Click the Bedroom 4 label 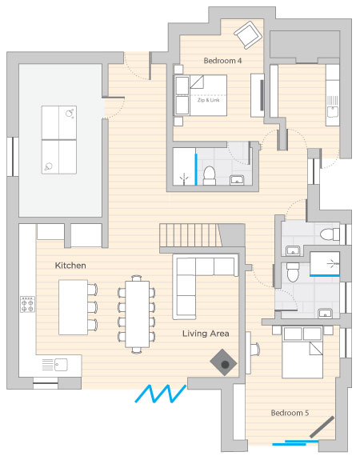point(222,61)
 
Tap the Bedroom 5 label point(290,413)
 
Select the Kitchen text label point(70,266)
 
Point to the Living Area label point(206,334)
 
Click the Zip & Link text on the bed point(208,100)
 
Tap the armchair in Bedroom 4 point(248,34)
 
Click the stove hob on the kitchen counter point(27,304)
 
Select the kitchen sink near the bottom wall point(55,365)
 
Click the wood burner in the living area point(223,362)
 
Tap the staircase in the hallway point(190,235)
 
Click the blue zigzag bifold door point(161,393)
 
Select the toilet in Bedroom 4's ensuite point(210,175)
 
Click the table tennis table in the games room point(59,140)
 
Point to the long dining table point(137,314)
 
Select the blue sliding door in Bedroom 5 point(295,442)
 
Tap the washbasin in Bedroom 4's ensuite point(237,179)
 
